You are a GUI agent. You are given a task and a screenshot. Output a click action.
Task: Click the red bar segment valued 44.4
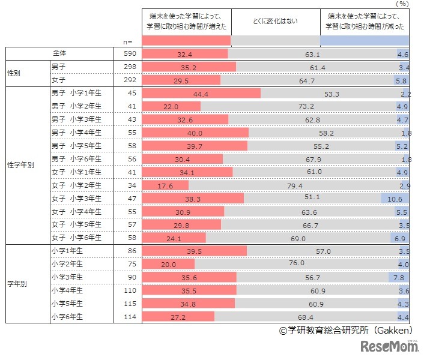pyautogui.click(x=201, y=94)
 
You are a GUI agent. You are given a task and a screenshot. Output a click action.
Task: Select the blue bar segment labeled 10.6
pyautogui.click(x=395, y=198)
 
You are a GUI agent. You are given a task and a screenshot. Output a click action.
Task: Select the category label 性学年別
pyautogui.click(x=23, y=166)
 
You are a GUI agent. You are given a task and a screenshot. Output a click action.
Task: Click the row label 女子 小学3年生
pyautogui.click(x=76, y=198)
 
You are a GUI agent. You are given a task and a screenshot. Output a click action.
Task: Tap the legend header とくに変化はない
pyautogui.click(x=276, y=22)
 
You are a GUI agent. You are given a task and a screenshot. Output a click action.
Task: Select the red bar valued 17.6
pyautogui.click(x=165, y=185)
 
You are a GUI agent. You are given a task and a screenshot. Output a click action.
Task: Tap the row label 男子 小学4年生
pyautogui.click(x=76, y=132)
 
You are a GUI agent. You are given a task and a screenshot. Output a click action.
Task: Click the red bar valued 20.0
pyautogui.click(x=168, y=264)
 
